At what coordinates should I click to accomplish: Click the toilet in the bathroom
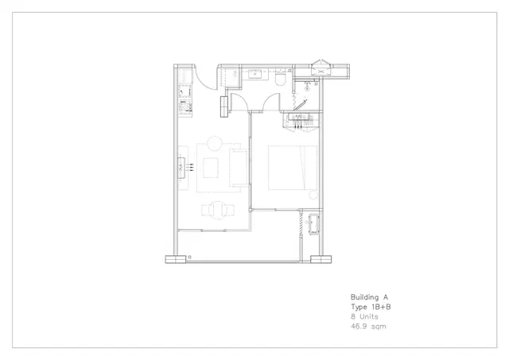(x=280, y=79)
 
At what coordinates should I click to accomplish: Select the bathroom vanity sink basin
(x=254, y=74)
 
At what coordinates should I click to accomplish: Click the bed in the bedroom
(x=293, y=168)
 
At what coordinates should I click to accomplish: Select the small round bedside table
(x=313, y=195)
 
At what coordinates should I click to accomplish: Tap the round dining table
(x=217, y=210)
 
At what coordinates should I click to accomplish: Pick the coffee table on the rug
(x=211, y=168)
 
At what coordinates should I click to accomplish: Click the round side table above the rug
(x=214, y=143)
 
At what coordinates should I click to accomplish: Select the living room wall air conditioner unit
(x=181, y=168)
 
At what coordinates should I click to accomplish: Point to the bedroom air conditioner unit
(x=299, y=117)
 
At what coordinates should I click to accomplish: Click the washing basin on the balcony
(x=313, y=224)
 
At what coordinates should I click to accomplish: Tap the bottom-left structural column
(x=176, y=259)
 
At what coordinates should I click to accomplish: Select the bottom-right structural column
(x=321, y=259)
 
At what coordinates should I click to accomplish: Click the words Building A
(x=369, y=297)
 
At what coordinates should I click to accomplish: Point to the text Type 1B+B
(x=371, y=307)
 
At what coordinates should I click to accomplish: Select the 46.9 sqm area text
(x=368, y=327)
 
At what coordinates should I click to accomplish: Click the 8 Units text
(x=364, y=316)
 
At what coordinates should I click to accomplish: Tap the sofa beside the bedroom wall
(x=239, y=168)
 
